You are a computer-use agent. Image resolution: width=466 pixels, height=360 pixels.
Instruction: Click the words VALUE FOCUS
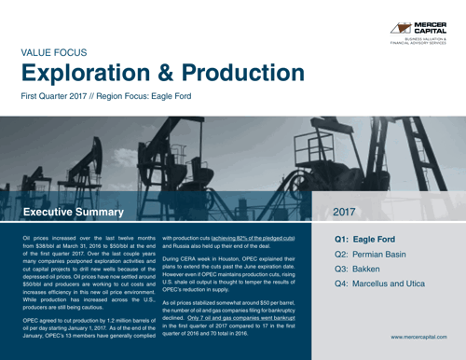point(54,55)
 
